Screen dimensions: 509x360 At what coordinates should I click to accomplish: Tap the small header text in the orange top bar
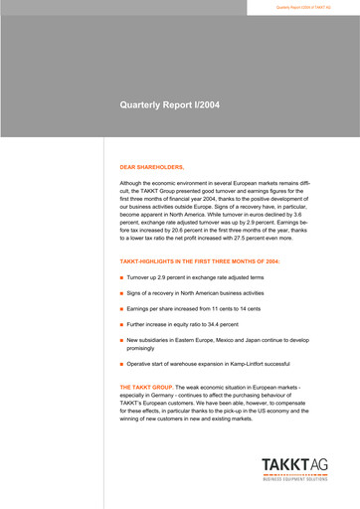point(302,7)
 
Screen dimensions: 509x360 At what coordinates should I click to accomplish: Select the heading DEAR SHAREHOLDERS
point(152,168)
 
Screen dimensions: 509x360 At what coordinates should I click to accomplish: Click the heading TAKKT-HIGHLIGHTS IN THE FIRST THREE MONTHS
point(199,260)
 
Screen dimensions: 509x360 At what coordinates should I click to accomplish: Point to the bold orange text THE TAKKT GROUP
point(146,385)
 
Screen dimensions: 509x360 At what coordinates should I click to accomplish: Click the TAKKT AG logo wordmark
point(295,464)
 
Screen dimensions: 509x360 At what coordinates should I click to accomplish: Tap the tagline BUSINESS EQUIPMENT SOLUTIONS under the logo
point(295,479)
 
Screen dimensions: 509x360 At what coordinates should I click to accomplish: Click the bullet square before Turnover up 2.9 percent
point(121,276)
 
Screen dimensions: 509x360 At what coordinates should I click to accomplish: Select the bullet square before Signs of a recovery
point(121,294)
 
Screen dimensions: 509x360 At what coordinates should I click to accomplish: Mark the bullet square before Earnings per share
point(121,312)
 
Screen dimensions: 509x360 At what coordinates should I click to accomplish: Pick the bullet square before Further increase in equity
point(121,325)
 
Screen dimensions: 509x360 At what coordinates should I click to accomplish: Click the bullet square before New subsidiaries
point(121,340)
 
